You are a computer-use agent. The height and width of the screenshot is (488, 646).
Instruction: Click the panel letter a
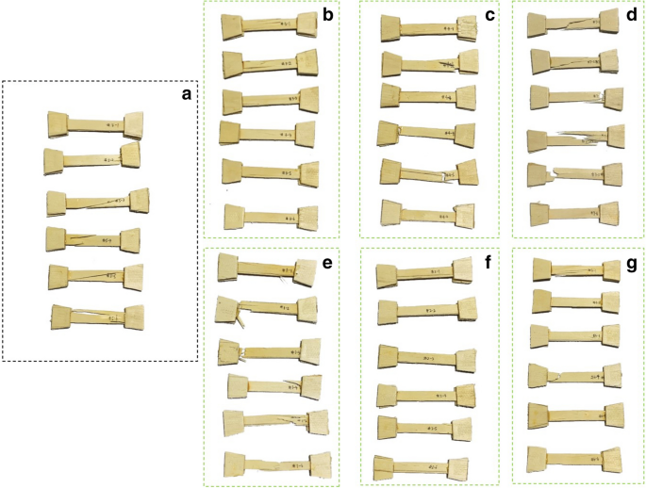tap(186, 93)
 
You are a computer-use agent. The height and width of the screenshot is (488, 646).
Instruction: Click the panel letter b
tap(327, 15)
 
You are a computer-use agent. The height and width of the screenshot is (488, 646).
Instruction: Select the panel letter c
tap(489, 15)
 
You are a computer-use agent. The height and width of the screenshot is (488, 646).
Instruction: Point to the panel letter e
tap(327, 262)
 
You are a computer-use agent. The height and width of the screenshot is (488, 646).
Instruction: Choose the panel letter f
tap(489, 262)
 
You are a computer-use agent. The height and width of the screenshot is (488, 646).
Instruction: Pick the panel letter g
tap(632, 262)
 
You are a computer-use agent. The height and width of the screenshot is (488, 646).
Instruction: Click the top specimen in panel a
tap(97, 123)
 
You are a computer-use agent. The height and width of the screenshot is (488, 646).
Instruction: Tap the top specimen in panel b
tap(270, 28)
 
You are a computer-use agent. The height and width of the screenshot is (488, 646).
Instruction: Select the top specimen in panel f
tap(426, 274)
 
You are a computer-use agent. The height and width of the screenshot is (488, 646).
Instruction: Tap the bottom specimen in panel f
tap(424, 464)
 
